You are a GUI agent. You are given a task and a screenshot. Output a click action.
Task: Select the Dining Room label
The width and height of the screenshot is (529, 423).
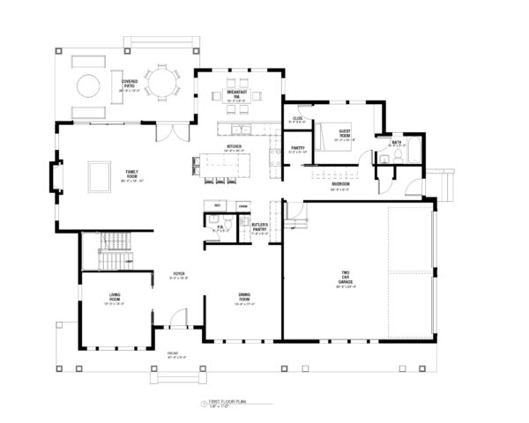pos(245,298)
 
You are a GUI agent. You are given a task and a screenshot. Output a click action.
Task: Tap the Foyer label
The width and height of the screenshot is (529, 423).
pos(177,274)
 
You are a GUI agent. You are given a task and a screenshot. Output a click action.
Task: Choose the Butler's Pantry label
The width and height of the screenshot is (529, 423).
pos(259,229)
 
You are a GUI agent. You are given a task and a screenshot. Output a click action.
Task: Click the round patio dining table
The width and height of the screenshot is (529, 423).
pos(161,84)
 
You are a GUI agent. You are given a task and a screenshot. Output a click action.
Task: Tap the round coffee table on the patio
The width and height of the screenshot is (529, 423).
pos(90,85)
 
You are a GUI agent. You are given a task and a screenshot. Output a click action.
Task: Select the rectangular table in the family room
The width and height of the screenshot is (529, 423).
pos(98,175)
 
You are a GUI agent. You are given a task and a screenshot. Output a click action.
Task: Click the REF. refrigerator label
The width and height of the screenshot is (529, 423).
pos(217,205)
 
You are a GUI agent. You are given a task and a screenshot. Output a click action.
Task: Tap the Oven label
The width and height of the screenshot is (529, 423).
pos(242,205)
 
